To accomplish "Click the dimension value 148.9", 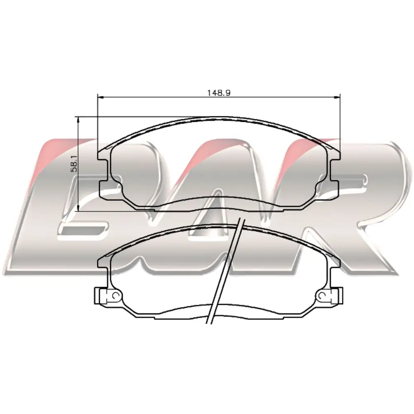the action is pos(219,93).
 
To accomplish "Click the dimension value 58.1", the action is pos(75,164).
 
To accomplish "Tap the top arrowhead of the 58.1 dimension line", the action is pos(78,120).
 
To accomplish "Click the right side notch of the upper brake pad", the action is pos(335,170).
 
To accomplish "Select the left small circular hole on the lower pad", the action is pos(116,296).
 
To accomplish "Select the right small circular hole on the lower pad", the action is pos(323,296).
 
